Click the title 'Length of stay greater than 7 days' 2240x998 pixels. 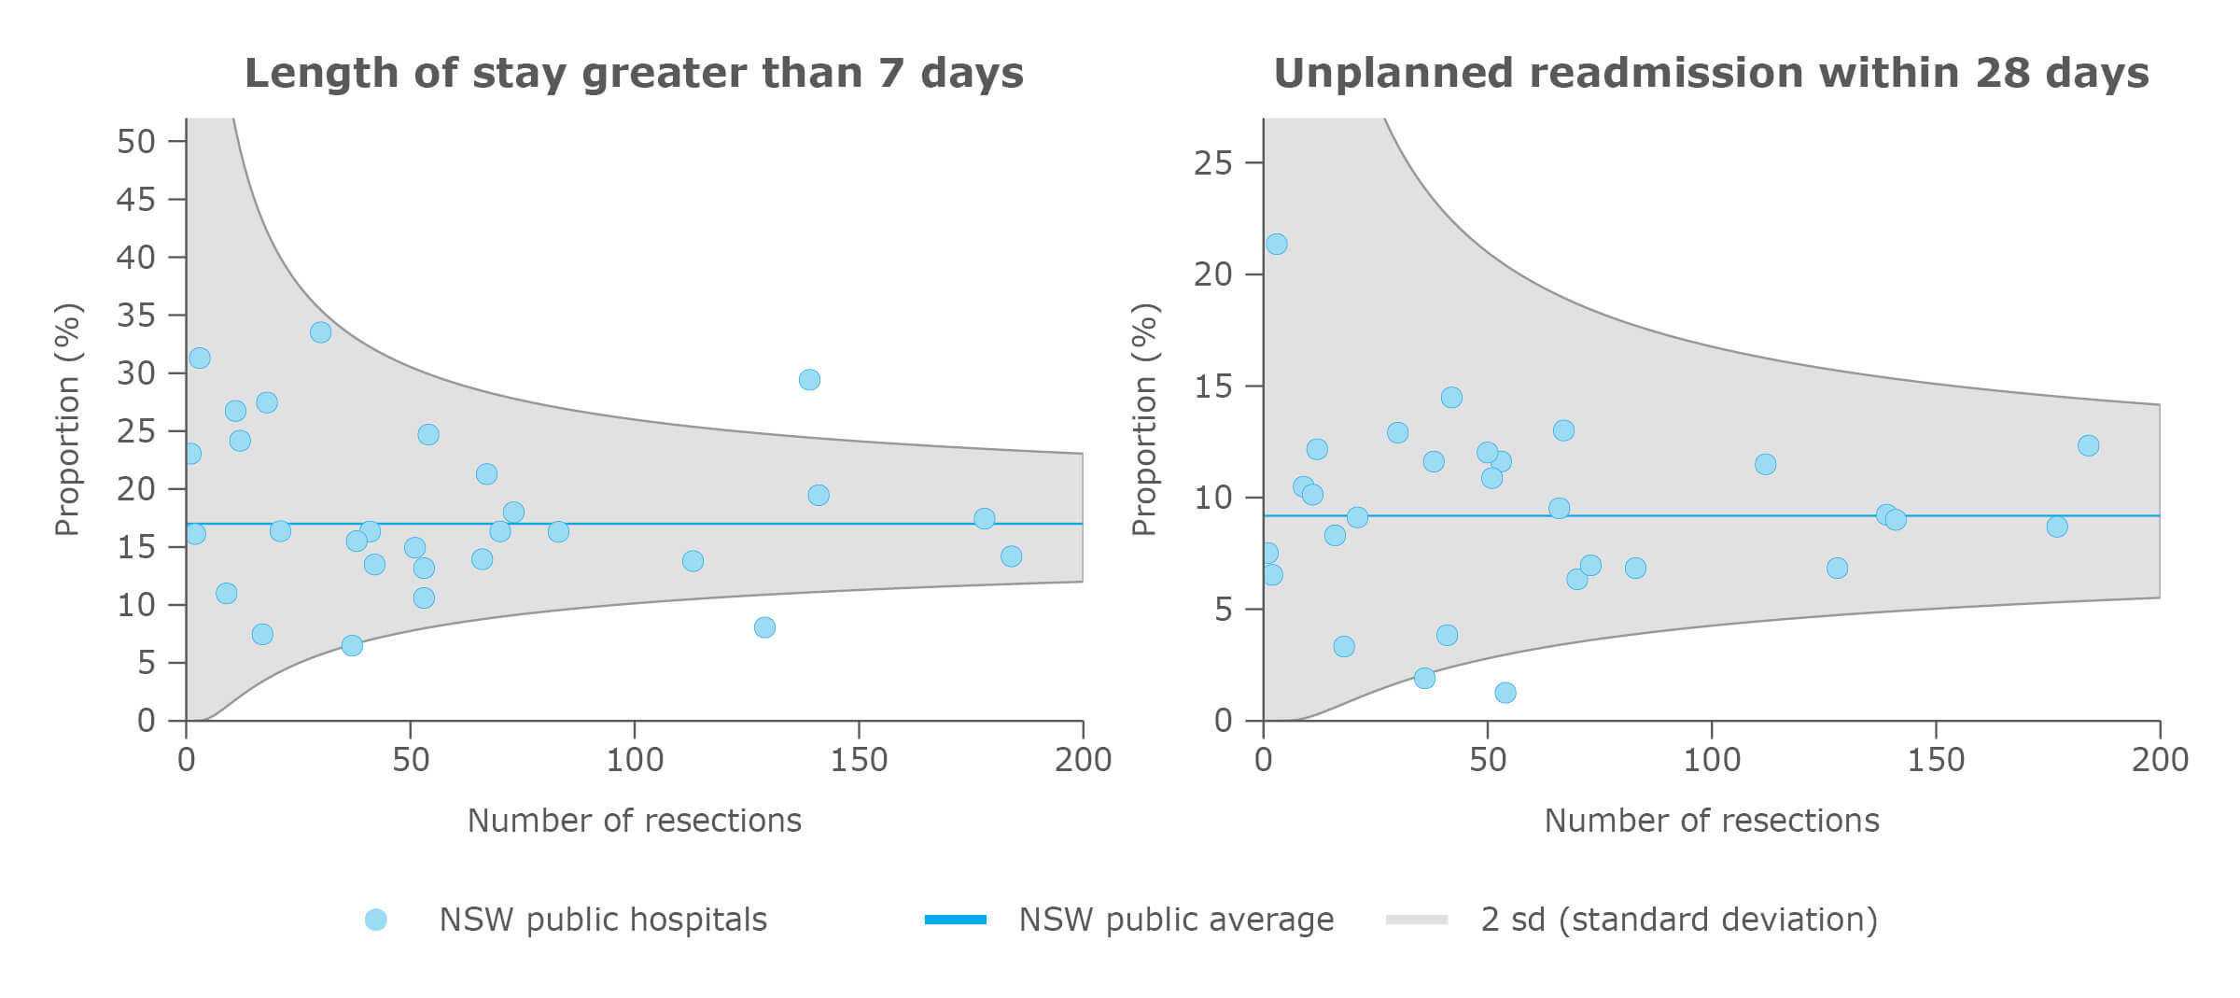coord(634,74)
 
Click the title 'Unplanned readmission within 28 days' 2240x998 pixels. coord(1711,74)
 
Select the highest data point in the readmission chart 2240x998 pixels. coord(1277,244)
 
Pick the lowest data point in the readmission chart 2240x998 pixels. coord(1505,693)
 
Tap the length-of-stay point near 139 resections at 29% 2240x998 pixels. coord(809,380)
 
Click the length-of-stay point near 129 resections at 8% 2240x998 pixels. coord(764,627)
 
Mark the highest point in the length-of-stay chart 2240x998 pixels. coord(320,332)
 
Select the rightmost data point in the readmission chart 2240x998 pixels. coord(2089,445)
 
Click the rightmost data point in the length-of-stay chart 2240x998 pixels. coord(1011,556)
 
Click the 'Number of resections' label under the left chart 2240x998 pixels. coord(634,821)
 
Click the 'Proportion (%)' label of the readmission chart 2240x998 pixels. coord(1143,419)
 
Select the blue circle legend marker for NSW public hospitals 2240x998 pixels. coord(375,920)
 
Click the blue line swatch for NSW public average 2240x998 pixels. coord(955,920)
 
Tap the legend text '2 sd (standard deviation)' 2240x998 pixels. coord(1678,920)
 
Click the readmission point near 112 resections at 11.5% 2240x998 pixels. coord(1765,464)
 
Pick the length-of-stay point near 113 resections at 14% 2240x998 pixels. coord(693,561)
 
